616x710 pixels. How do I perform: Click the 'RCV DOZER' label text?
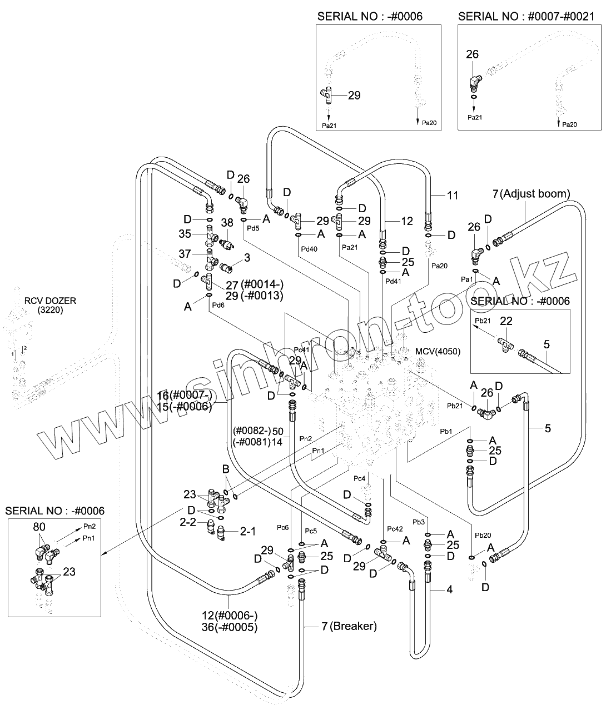pos(50,301)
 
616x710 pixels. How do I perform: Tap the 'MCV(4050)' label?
pos(438,352)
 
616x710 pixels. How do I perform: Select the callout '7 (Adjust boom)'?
pos(531,194)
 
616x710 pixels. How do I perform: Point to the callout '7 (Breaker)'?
pos(349,627)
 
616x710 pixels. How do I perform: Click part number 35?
pos(185,233)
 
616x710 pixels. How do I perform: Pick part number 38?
pos(227,222)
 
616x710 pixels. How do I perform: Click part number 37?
pos(185,254)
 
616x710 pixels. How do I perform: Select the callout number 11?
pos(453,195)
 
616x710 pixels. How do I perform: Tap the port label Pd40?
pos(309,249)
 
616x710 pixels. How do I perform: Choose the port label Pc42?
pos(394,528)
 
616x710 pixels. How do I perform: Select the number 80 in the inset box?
pos(39,526)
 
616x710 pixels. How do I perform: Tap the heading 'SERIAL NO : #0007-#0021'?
pos(526,16)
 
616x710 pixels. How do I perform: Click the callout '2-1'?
pos(247,532)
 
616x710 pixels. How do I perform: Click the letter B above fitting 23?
pos(226,470)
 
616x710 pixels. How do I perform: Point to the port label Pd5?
pos(253,228)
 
